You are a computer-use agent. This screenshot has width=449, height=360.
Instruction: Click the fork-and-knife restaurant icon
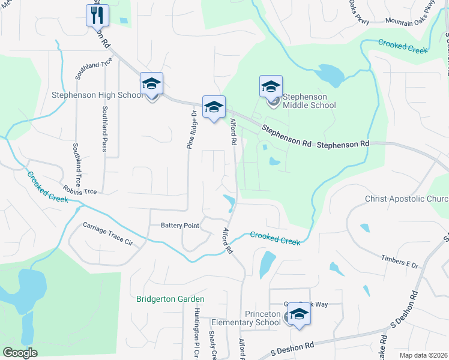coord(97,14)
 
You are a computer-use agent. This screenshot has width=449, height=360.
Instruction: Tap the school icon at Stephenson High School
coord(151,84)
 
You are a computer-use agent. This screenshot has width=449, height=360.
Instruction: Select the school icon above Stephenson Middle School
coord(271,86)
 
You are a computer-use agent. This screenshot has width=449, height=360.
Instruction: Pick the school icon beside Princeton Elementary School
coord(298,314)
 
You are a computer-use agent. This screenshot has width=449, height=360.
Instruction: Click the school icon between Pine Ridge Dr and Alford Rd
coord(213,107)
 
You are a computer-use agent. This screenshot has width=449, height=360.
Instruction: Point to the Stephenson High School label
coord(98,95)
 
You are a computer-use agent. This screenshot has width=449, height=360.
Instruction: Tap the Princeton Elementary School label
coord(262,318)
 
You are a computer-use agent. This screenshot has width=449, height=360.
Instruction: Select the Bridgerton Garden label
coord(170,299)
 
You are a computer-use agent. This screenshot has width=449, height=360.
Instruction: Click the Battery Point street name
coord(179,226)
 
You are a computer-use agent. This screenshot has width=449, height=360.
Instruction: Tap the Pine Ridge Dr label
coord(191,130)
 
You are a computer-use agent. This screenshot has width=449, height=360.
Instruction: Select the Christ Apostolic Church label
coord(407,199)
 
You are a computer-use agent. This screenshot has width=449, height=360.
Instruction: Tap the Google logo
coord(20,353)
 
